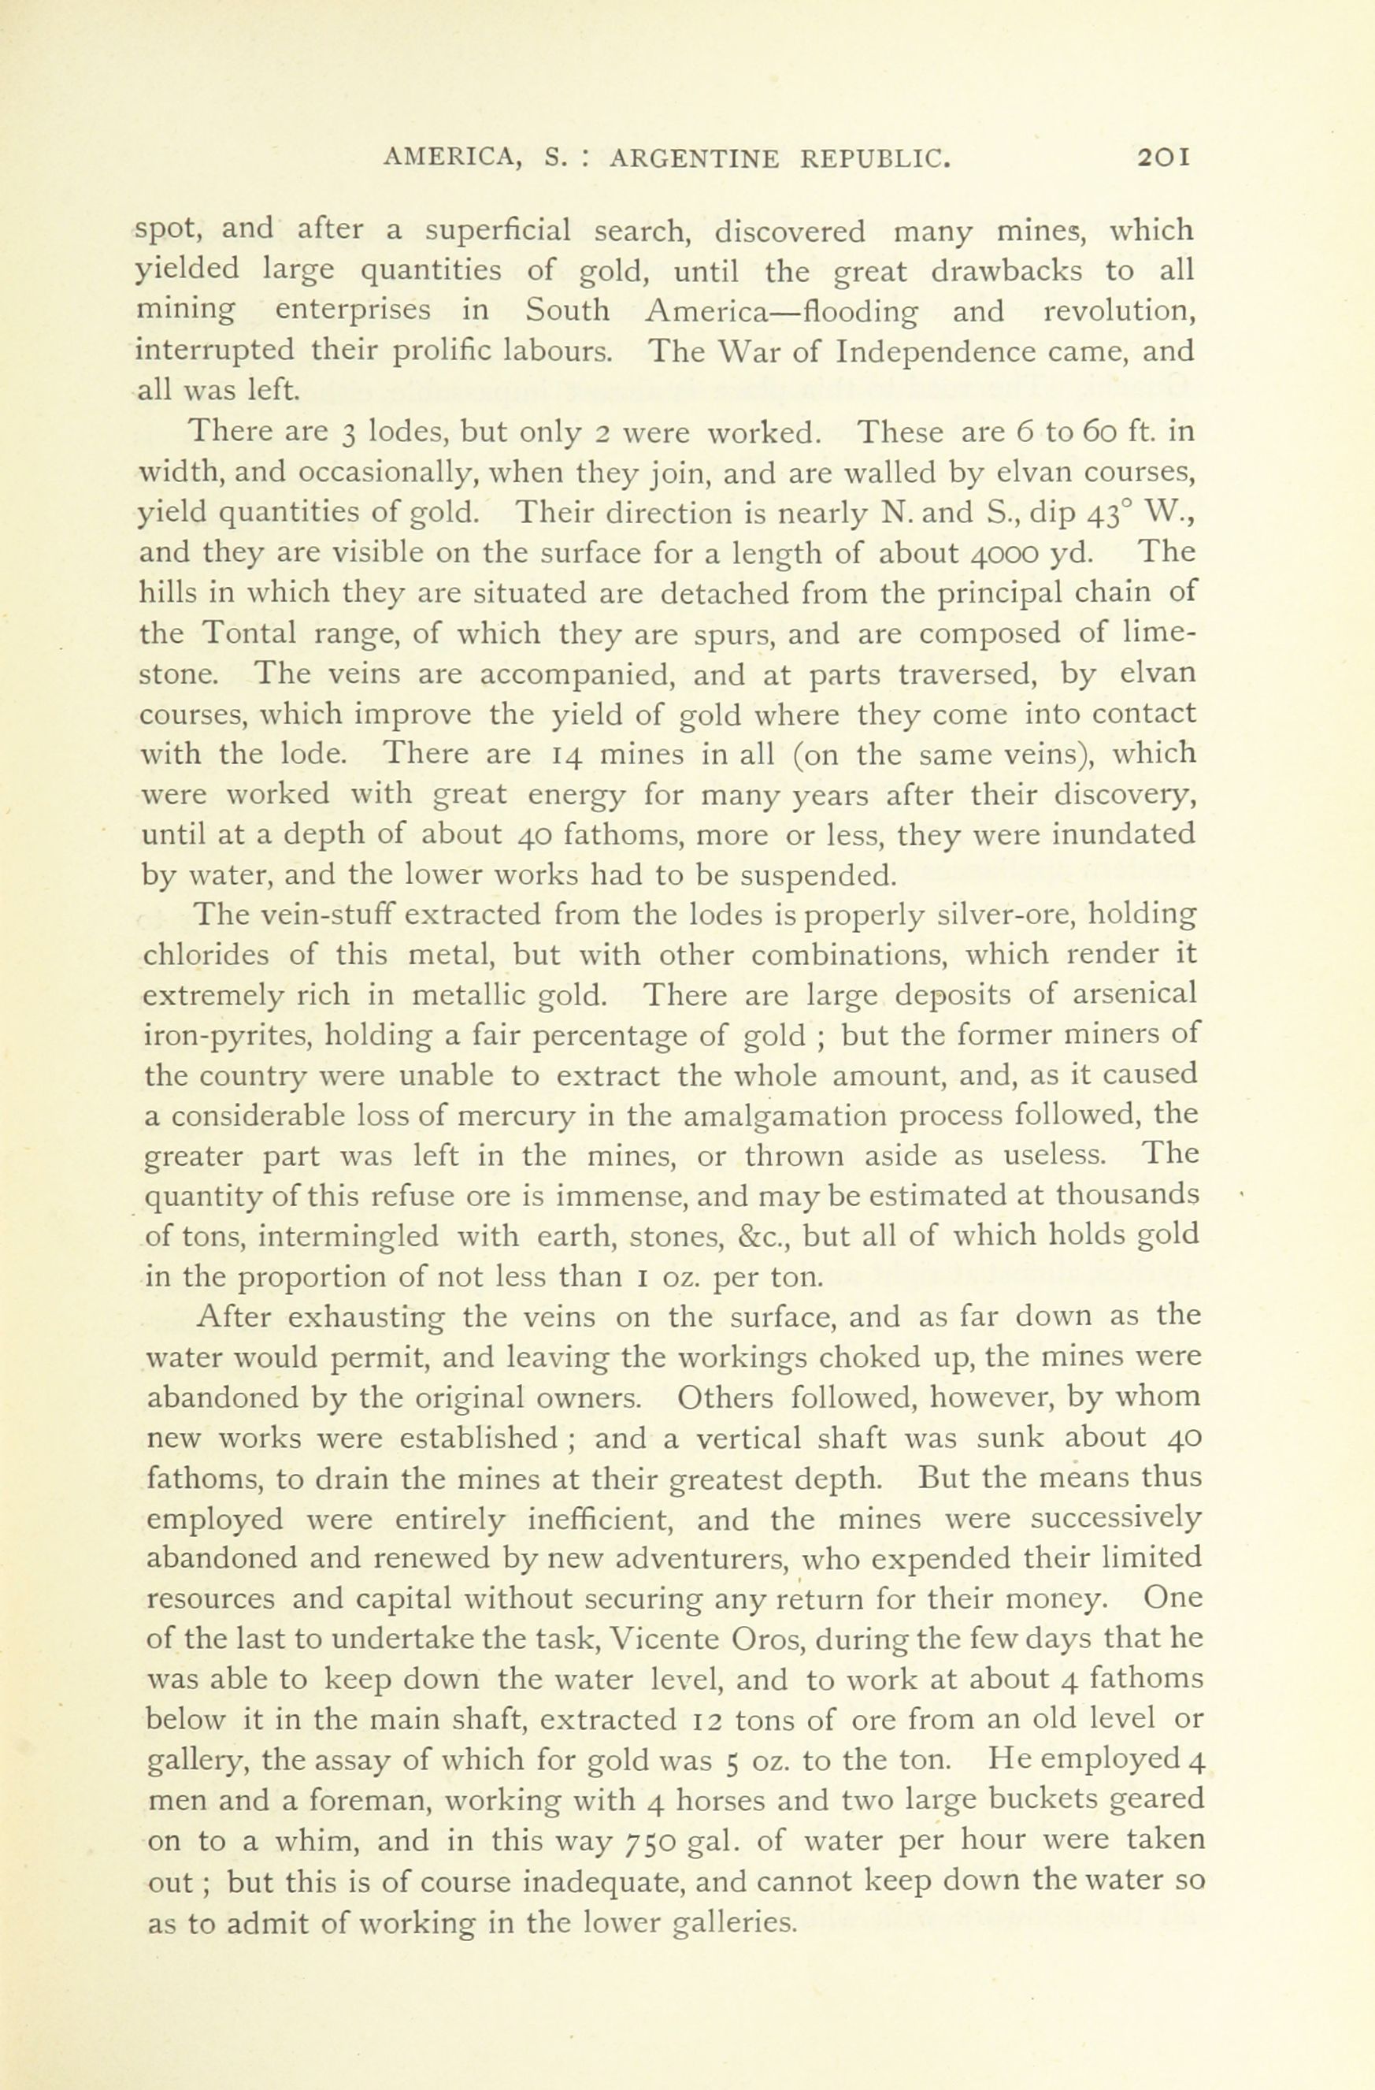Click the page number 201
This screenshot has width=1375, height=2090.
click(x=1162, y=158)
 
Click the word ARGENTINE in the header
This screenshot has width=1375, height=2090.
click(x=694, y=159)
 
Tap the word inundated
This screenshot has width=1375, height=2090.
click(x=1124, y=834)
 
